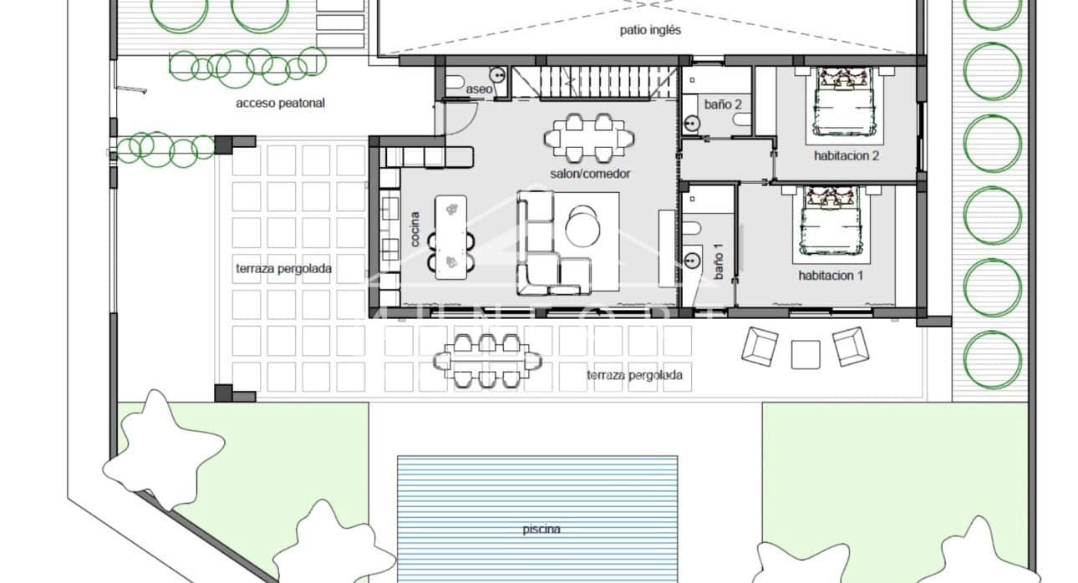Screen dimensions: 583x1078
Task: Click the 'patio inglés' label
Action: (650, 30)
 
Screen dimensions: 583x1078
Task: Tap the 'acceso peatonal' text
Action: (280, 104)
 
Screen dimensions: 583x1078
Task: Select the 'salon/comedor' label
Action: (590, 174)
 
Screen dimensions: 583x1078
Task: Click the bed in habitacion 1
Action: (829, 222)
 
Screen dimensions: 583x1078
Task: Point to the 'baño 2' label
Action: (723, 104)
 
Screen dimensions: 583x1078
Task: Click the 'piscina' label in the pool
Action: (542, 529)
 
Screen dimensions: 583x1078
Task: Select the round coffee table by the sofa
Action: (583, 226)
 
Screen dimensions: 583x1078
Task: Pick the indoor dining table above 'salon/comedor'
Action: (589, 136)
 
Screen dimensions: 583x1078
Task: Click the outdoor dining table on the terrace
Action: (487, 360)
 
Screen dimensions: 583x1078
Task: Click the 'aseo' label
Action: (479, 89)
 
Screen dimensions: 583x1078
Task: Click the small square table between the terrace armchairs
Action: (806, 354)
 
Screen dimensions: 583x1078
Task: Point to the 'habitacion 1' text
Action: (831, 275)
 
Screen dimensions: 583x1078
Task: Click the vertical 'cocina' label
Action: (415, 228)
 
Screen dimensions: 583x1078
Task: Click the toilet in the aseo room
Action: (454, 82)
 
